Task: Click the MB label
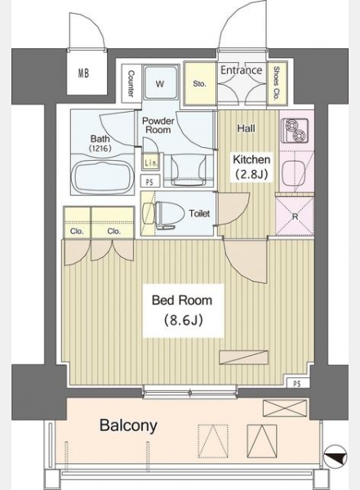[83, 73]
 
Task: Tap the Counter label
[131, 83]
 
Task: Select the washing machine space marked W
[161, 82]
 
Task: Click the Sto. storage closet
[200, 83]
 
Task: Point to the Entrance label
[242, 70]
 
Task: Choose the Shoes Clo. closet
[276, 83]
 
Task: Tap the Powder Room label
[158, 125]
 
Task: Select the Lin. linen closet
[152, 162]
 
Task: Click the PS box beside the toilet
[150, 181]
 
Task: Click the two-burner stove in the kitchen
[295, 131]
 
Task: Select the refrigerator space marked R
[295, 216]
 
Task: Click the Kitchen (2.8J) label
[251, 167]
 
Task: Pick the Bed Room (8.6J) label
[183, 310]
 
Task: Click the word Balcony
[128, 425]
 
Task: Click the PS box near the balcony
[297, 384]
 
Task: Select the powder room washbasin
[189, 169]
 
